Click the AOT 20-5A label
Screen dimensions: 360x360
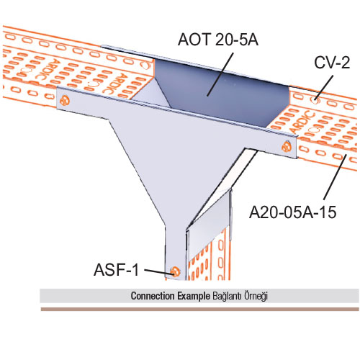pyautogui.click(x=218, y=40)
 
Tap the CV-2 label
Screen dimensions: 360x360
pyautogui.click(x=332, y=63)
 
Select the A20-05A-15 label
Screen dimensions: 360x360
pyautogui.click(x=292, y=212)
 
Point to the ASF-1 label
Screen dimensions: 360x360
pyautogui.click(x=116, y=269)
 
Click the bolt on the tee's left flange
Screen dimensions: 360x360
pyautogui.click(x=65, y=100)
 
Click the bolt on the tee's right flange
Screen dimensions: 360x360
pyautogui.click(x=287, y=146)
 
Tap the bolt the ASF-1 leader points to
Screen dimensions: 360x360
pyautogui.click(x=175, y=271)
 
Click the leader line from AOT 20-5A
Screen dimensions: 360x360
pyautogui.click(x=220, y=74)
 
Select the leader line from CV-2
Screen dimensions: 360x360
pyautogui.click(x=324, y=88)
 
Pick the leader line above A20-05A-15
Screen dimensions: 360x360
pyautogui.click(x=335, y=177)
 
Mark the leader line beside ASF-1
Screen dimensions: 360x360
pyautogui.click(x=158, y=271)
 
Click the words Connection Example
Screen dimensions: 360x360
pyautogui.click(x=170, y=296)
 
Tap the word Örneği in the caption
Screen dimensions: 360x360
pyautogui.click(x=256, y=296)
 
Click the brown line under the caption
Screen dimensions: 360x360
pyautogui.click(x=200, y=309)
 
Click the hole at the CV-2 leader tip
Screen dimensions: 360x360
pyautogui.click(x=315, y=100)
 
